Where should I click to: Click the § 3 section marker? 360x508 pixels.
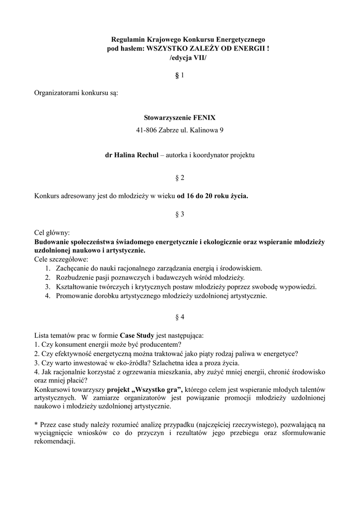click(180, 214)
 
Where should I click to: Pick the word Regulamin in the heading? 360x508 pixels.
click(127, 39)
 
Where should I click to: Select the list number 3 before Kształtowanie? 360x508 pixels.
click(47, 287)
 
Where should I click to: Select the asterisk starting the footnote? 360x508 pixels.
click(36, 425)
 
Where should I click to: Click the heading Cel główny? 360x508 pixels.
click(52, 233)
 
